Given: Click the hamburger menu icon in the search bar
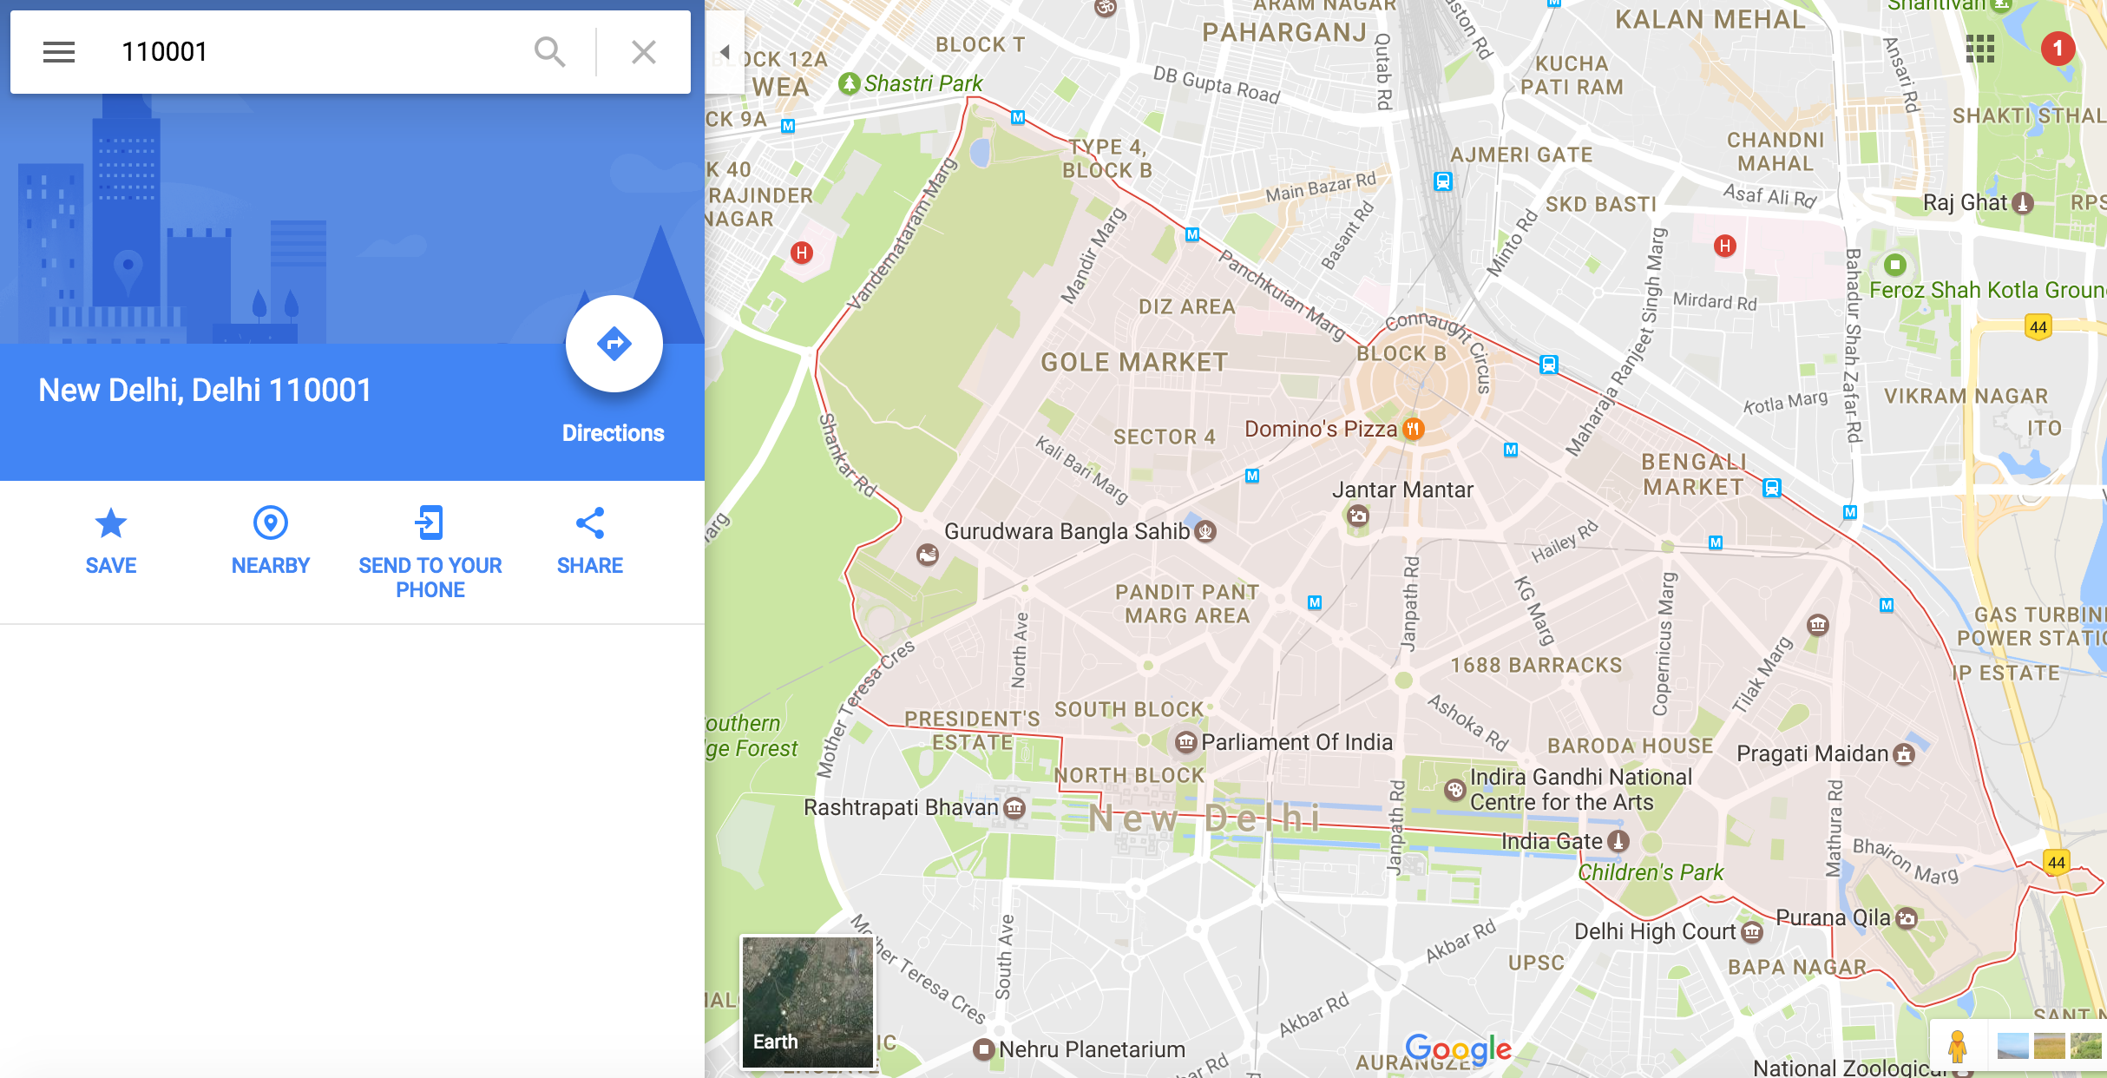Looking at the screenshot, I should pyautogui.click(x=59, y=52).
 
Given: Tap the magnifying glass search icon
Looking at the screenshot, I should pyautogui.click(x=549, y=52).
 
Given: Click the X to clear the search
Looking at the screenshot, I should pyautogui.click(x=643, y=52).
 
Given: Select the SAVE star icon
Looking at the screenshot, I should pyautogui.click(x=110, y=523).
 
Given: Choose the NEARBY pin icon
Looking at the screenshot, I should pyautogui.click(x=270, y=523).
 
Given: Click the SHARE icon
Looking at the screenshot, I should pyautogui.click(x=589, y=523).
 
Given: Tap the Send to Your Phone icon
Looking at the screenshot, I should pyautogui.click(x=430, y=523).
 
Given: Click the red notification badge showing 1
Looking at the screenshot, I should pyautogui.click(x=2057, y=49).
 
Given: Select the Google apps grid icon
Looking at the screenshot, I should pyautogui.click(x=1980, y=49).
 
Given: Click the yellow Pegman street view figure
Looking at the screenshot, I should pyautogui.click(x=1957, y=1046).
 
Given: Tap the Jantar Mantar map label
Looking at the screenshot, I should pyautogui.click(x=1402, y=490).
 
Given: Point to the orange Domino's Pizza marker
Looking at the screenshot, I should pyautogui.click(x=1414, y=429).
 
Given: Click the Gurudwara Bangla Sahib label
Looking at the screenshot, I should pyautogui.click(x=1067, y=531).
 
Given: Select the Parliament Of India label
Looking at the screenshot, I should pyautogui.click(x=1296, y=742).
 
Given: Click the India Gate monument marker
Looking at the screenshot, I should pyautogui.click(x=1618, y=841).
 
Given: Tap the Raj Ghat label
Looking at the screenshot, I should pyautogui.click(x=1965, y=203).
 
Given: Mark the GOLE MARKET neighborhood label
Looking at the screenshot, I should pyautogui.click(x=1134, y=362).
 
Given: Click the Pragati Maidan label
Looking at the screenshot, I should pyautogui.click(x=1812, y=753).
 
